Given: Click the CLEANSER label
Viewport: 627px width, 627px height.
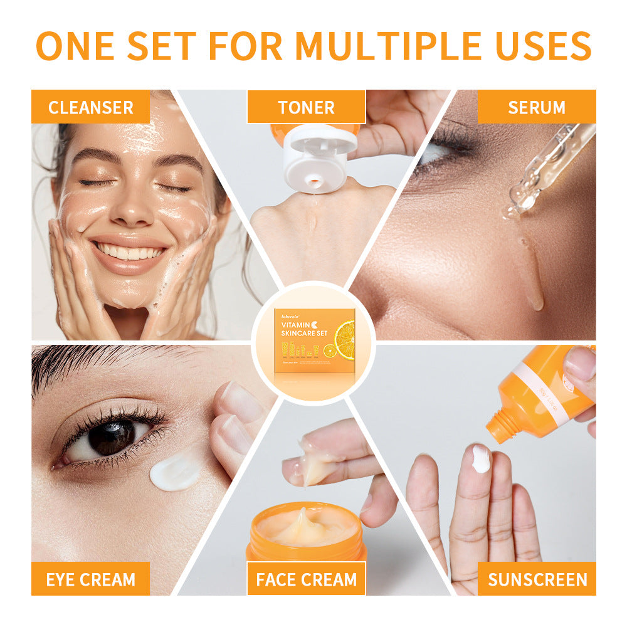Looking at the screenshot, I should pos(90,107).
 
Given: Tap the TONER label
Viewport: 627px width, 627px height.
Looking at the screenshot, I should pos(306,107).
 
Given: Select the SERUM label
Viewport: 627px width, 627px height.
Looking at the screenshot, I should pos(536,107).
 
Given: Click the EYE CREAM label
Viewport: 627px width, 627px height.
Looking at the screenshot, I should pos(90,579).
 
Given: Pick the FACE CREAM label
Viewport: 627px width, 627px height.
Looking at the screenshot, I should pos(306,579).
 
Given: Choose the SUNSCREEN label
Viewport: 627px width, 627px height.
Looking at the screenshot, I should pos(537,579).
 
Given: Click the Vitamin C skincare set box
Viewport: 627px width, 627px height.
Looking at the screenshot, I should pos(313,342).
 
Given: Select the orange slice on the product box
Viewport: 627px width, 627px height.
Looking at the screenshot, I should pos(345,339).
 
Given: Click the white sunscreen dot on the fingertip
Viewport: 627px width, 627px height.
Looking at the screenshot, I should pos(481,458).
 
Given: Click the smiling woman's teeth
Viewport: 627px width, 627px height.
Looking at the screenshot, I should pos(130,252).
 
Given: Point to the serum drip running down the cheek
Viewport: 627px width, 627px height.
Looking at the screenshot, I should pos(532,276).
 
